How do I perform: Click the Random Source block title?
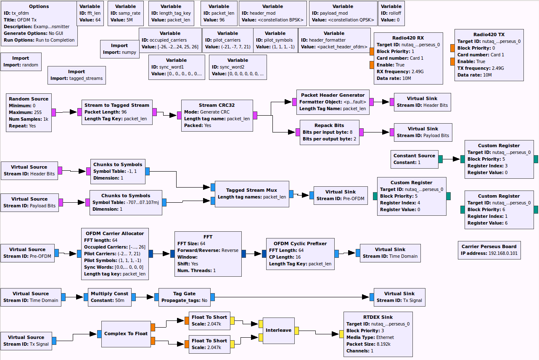[x=29, y=99]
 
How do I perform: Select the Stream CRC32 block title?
[x=217, y=105]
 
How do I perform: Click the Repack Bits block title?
[x=329, y=125]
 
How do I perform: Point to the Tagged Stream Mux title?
[x=251, y=190]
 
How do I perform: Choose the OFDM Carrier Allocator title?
[x=114, y=233]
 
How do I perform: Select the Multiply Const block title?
[x=109, y=294]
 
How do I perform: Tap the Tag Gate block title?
[x=184, y=294]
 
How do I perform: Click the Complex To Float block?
[x=126, y=334]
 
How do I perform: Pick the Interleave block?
[x=278, y=330]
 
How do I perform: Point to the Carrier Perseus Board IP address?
[x=489, y=254]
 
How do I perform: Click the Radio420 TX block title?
[x=489, y=34]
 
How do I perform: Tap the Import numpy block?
[x=119, y=49]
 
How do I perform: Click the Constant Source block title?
[x=414, y=156]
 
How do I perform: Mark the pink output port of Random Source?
[x=54, y=112]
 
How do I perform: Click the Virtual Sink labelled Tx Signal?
[x=399, y=297]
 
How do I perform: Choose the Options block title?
[x=39, y=6]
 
